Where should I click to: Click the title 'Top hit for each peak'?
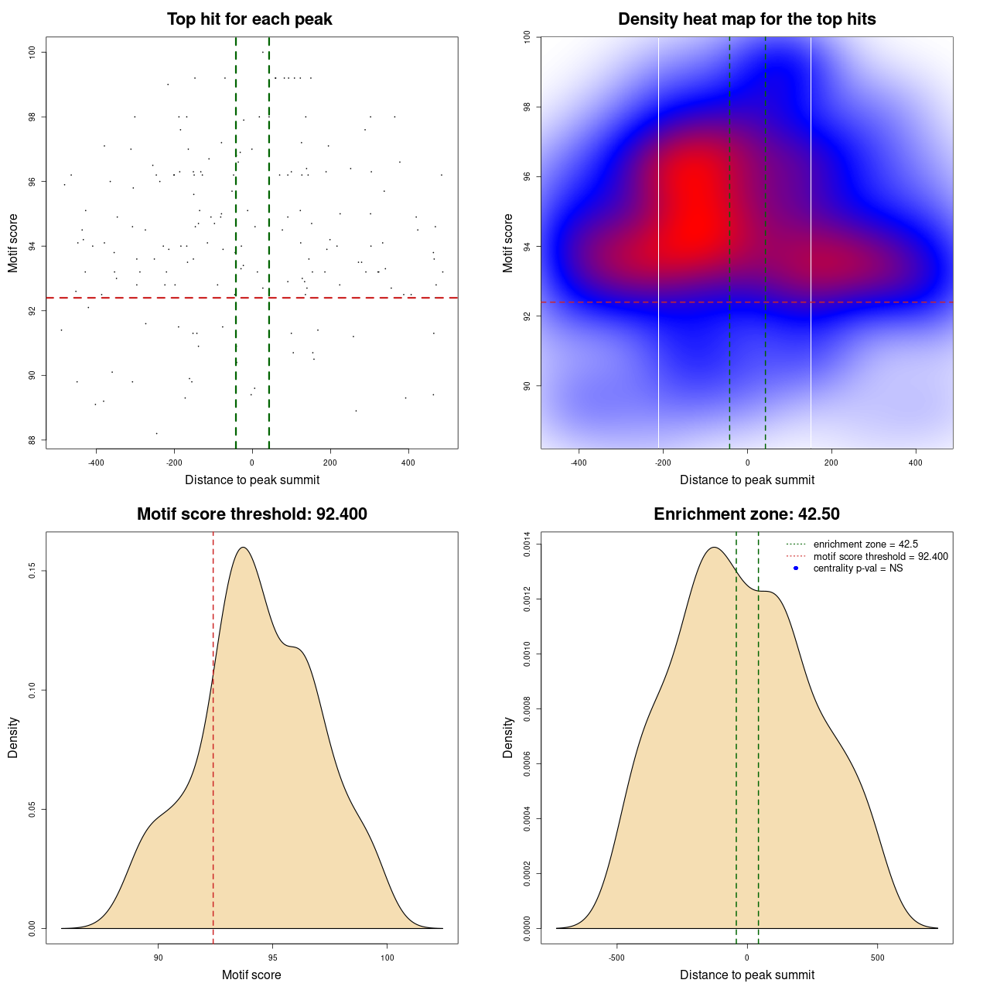pos(249,19)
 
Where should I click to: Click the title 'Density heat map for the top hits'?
pos(746,19)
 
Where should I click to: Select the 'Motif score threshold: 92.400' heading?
pos(251,514)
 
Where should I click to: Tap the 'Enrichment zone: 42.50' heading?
pos(746,514)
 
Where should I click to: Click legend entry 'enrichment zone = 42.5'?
pos(865,544)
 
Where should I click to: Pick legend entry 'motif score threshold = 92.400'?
pos(880,557)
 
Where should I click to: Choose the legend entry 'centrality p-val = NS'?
pos(858,568)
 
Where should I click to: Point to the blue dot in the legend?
pos(796,568)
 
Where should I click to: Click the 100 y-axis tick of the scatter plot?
pos(32,52)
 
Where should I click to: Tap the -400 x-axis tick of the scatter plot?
pos(96,463)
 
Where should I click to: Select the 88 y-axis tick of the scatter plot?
pos(32,440)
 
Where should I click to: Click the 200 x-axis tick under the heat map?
pos(831,463)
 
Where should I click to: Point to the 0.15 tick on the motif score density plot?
pos(32,571)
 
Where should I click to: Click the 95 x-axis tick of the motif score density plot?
pos(273,958)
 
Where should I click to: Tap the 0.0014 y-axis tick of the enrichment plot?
pos(527,544)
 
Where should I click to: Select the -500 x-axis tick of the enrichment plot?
pos(616,958)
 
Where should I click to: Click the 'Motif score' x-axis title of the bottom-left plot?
pos(251,975)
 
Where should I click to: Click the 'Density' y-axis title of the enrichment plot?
pos(508,737)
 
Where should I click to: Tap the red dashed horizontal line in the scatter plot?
pos(155,298)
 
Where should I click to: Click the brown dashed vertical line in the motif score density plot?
pos(213,773)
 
